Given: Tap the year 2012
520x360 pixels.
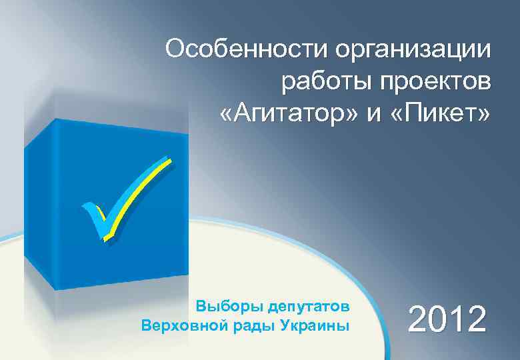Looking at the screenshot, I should click(447, 319).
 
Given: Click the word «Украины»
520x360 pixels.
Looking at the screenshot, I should click(315, 326).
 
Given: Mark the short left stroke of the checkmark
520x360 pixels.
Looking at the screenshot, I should click(93, 217).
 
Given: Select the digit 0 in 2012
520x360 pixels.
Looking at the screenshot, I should click(435, 319).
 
